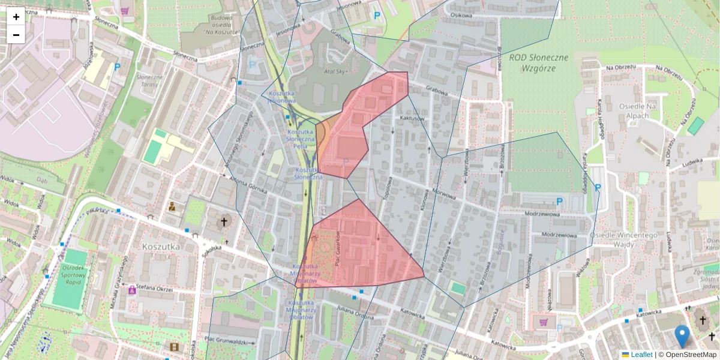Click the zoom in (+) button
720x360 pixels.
pyautogui.click(x=16, y=17)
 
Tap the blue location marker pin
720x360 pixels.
pyautogui.click(x=682, y=336)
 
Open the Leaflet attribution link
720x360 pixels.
pyautogui.click(x=641, y=355)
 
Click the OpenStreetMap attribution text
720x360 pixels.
pyautogui.click(x=691, y=355)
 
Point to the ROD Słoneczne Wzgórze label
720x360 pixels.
pyautogui.click(x=538, y=62)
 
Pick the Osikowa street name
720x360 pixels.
pyautogui.click(x=462, y=14)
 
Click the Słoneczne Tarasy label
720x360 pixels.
pyautogui.click(x=149, y=81)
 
